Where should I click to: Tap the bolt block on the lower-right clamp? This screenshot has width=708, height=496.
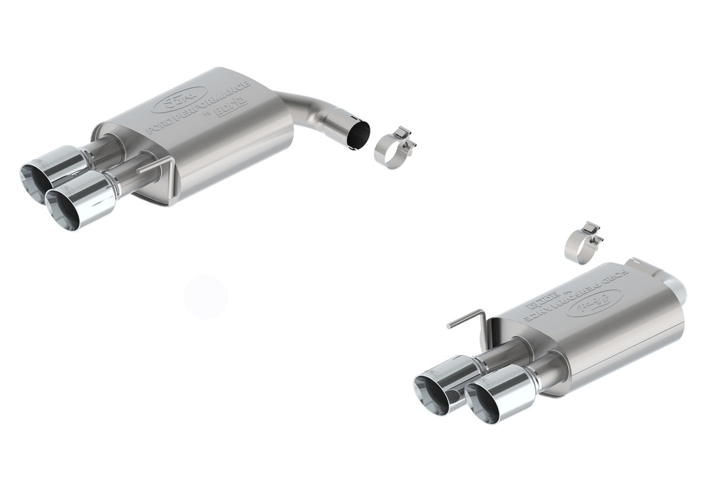coord(594,229)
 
